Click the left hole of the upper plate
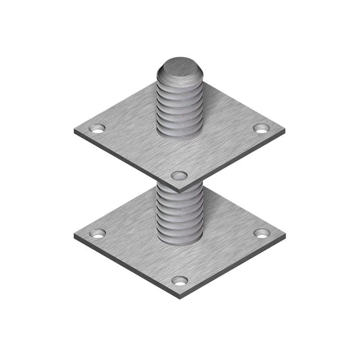tap(97, 128)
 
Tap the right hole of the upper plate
tap(261, 128)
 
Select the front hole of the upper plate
tap(180, 175)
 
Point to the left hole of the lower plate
tap(97, 233)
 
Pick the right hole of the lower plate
tap(261, 233)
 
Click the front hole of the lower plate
tap(180, 280)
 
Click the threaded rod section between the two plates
tap(179, 211)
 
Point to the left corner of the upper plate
tap(75, 131)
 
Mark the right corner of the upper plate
tap(285, 131)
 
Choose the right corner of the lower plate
tap(285, 235)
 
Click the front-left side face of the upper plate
tap(126, 162)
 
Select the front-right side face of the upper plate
tap(234, 162)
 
